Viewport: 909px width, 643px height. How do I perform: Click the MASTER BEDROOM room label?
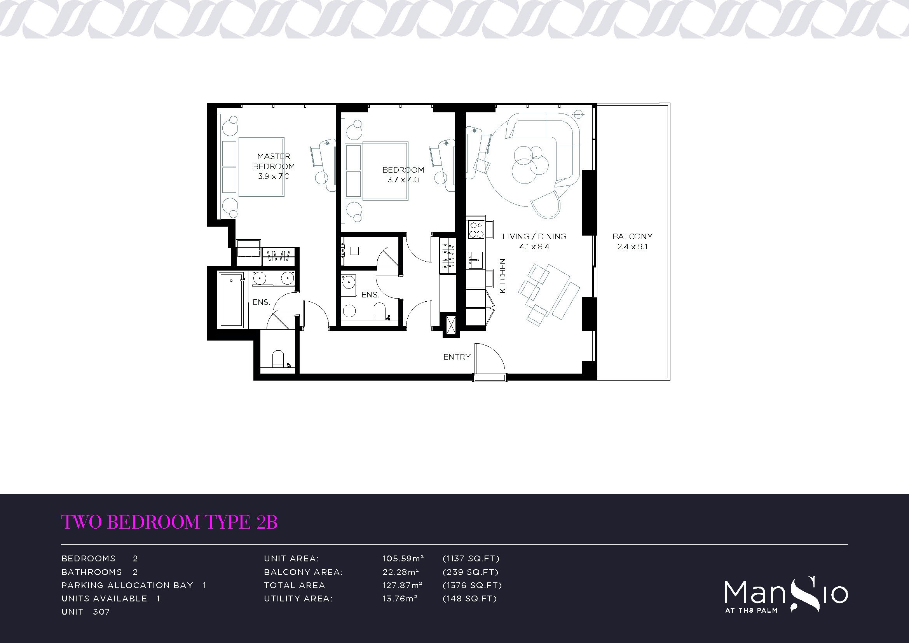[x=274, y=161]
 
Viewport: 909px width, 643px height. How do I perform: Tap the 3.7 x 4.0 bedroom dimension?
[x=403, y=180]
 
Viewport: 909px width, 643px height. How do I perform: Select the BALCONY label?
[x=632, y=236]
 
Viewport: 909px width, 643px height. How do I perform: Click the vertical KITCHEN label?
[x=503, y=276]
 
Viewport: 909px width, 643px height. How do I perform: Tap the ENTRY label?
[x=457, y=357]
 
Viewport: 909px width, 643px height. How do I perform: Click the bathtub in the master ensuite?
[x=232, y=299]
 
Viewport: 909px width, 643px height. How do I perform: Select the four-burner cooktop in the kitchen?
[x=476, y=229]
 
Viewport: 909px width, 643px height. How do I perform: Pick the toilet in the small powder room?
[x=279, y=358]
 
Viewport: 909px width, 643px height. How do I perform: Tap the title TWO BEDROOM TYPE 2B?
[x=169, y=522]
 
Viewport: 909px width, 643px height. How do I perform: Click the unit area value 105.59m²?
[x=403, y=559]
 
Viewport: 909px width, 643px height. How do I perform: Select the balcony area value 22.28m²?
[x=401, y=572]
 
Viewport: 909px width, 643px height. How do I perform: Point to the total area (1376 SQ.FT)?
[x=472, y=585]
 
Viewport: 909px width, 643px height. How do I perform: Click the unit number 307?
[x=101, y=612]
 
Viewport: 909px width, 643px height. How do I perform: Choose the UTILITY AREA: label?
[x=298, y=599]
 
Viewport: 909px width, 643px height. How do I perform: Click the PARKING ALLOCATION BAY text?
[x=127, y=585]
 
